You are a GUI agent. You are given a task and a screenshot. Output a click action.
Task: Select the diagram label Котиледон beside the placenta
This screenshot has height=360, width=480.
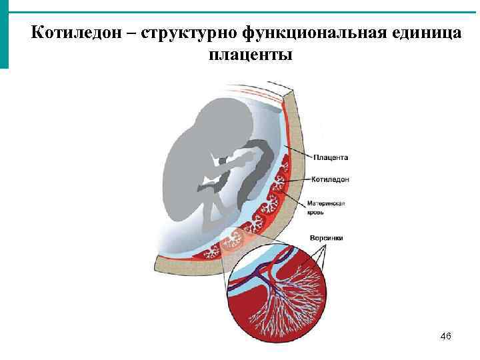[331, 179]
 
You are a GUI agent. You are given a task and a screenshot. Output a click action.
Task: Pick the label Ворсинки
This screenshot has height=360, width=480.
[326, 237]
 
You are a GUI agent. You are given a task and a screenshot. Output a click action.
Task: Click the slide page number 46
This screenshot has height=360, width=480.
[446, 337]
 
